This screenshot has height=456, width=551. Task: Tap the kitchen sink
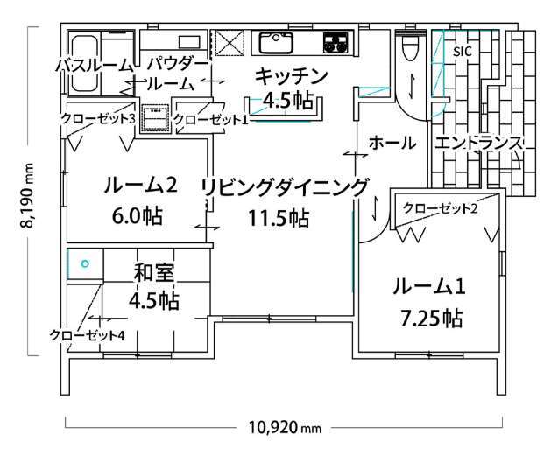click(x=276, y=43)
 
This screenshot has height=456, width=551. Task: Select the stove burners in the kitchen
click(x=336, y=43)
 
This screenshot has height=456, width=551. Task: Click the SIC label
click(x=462, y=52)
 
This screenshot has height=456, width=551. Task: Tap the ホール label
click(x=392, y=144)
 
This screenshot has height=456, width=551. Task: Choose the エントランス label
click(x=478, y=144)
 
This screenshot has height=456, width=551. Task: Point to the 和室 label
click(x=154, y=273)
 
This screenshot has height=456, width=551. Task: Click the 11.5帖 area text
click(x=279, y=218)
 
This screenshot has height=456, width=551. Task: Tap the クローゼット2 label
click(x=440, y=208)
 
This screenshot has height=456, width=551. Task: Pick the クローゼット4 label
click(x=87, y=335)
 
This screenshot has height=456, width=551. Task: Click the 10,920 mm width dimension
click(x=285, y=428)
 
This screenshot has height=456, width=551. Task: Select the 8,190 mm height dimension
click(x=27, y=195)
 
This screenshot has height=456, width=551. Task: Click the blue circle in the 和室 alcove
click(x=85, y=263)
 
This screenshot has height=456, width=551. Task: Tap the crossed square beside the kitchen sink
click(x=230, y=43)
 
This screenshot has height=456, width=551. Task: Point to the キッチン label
click(x=292, y=76)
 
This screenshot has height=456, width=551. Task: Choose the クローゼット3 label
click(x=98, y=119)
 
